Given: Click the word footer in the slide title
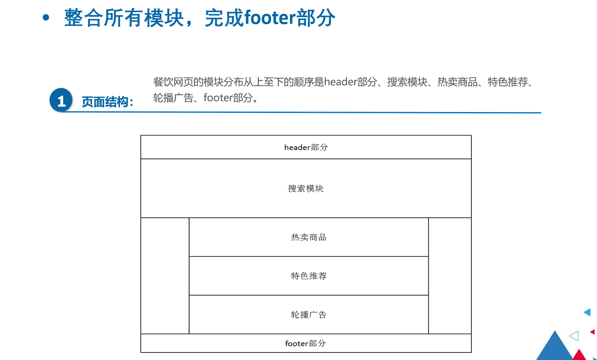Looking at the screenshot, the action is click(x=270, y=18).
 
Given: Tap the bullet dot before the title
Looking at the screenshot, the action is click(x=46, y=18).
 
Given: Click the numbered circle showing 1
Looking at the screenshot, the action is click(x=61, y=100).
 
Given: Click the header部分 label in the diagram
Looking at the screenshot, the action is click(x=306, y=147).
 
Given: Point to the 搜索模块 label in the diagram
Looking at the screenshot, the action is click(x=306, y=189).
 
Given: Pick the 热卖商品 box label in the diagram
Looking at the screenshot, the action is click(x=309, y=237).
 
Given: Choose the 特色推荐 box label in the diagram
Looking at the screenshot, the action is click(x=309, y=276).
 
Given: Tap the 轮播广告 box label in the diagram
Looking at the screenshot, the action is click(x=309, y=315).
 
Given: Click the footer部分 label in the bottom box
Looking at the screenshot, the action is click(x=305, y=343).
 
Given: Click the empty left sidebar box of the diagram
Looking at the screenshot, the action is click(x=165, y=276).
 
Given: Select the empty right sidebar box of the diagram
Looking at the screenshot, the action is click(x=450, y=276).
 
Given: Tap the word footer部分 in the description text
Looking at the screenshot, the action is click(x=228, y=98).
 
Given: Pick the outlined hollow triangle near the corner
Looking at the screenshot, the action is click(x=574, y=336).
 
